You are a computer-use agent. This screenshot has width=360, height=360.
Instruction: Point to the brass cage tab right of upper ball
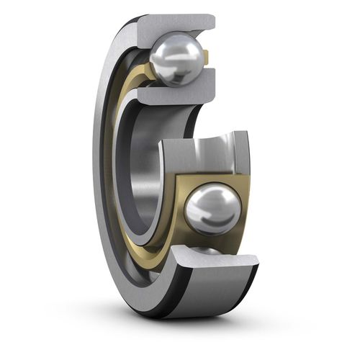tap(206, 56)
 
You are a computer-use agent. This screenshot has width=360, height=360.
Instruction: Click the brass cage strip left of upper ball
tap(141, 71)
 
